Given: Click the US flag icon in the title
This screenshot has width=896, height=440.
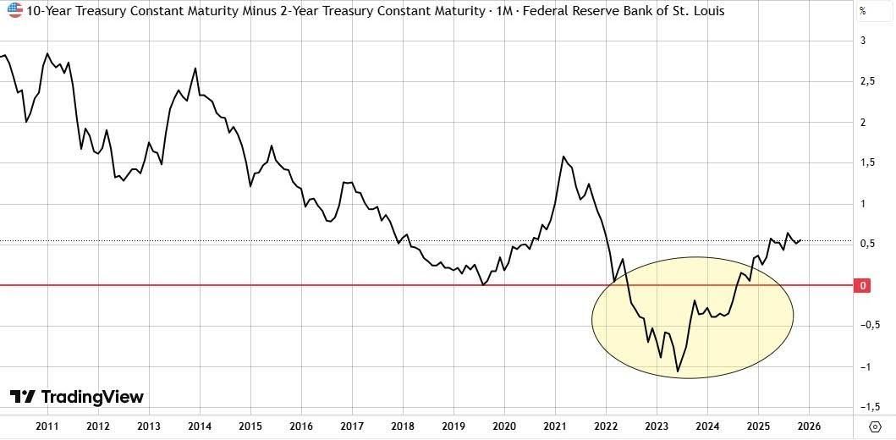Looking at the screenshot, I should (14, 11).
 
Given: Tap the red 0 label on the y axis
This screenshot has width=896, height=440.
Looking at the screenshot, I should (863, 286).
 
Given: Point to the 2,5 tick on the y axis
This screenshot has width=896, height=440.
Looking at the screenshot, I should (866, 82).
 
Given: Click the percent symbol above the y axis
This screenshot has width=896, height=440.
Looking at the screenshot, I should (862, 12).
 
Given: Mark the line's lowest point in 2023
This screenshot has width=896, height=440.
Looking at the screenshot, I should (678, 371).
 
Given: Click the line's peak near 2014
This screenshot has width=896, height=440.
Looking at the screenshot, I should (196, 69).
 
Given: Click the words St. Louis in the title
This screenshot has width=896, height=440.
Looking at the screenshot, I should (700, 11).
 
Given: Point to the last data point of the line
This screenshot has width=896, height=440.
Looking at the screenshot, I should (801, 239).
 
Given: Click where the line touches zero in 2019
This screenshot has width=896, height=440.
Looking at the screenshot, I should (483, 285).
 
